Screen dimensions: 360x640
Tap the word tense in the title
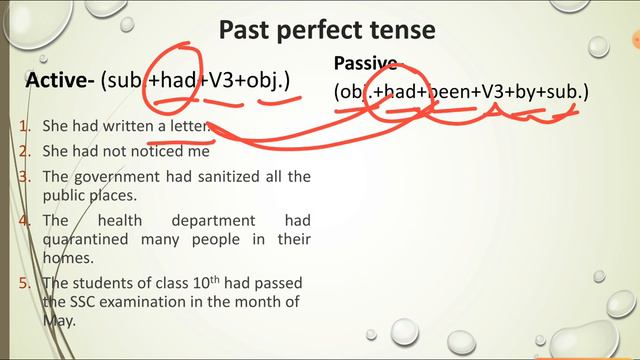tap(402, 30)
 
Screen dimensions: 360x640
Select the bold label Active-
tap(60, 81)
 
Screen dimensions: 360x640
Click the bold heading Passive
tap(365, 63)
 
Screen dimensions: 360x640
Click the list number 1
tap(23, 127)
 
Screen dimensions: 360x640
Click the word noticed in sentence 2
tap(153, 153)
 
